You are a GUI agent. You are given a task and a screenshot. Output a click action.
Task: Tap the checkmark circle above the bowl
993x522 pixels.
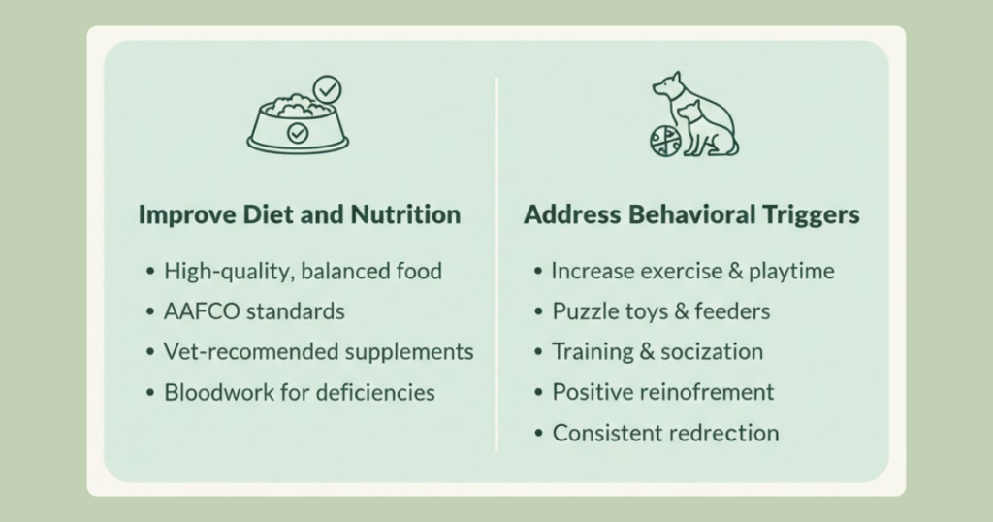(x=328, y=89)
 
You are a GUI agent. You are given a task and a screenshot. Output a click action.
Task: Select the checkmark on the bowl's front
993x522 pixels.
(x=298, y=133)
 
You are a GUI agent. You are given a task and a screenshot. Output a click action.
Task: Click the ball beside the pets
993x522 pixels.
(x=665, y=141)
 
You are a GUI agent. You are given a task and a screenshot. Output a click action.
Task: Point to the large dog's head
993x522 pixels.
(x=667, y=84)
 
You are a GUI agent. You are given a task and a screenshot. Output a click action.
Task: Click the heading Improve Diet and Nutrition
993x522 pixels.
(x=300, y=214)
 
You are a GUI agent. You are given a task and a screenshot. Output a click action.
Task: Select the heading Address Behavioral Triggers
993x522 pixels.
(x=691, y=214)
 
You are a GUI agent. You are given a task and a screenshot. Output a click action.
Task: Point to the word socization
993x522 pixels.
(x=712, y=351)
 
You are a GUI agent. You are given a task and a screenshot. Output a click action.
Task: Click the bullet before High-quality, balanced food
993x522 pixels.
(x=150, y=272)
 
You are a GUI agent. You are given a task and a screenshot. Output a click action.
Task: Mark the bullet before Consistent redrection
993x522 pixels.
(x=539, y=434)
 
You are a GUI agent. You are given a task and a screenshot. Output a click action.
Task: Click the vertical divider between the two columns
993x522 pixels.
(x=496, y=264)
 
